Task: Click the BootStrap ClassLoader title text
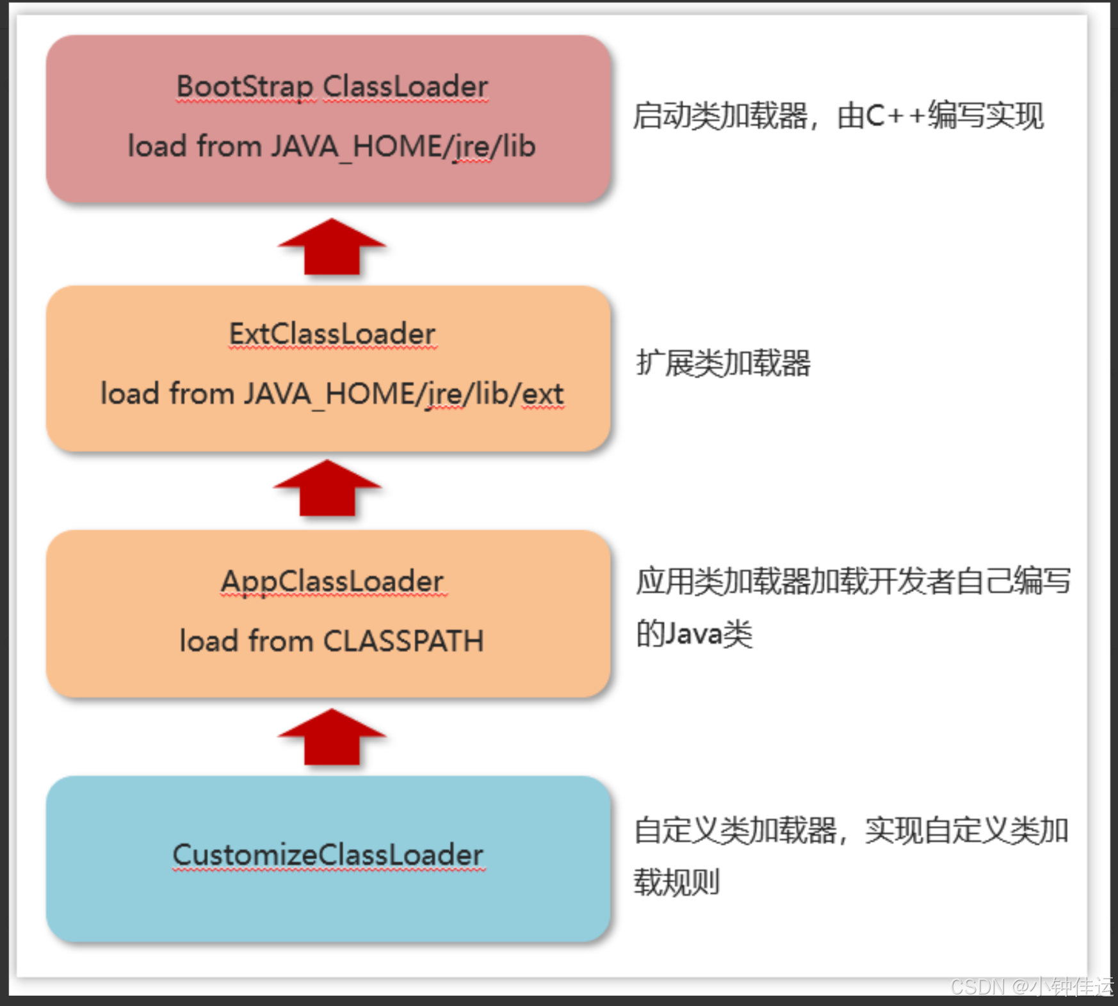click(332, 86)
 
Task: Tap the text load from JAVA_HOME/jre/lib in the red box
click(332, 147)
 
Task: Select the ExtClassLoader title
click(332, 333)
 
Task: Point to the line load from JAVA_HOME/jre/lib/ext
click(332, 394)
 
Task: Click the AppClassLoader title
click(332, 581)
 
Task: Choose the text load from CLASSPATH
click(332, 641)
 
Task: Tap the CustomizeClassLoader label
click(328, 855)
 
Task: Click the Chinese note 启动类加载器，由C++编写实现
click(838, 116)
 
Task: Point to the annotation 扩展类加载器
click(723, 363)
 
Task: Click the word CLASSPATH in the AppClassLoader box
click(403, 641)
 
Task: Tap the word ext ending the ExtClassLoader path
click(543, 394)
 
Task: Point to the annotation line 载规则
click(677, 882)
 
